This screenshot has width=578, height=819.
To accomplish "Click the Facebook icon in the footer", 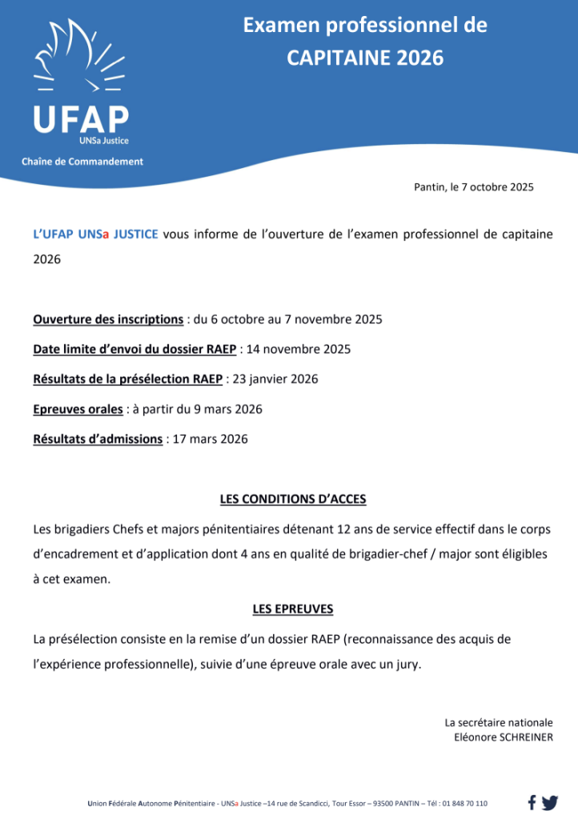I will tap(532, 802).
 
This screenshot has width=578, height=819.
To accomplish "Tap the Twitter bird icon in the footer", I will tap(549, 802).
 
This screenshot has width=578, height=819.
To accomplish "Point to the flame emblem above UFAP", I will tap(78, 60).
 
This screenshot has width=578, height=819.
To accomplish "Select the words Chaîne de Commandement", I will tap(82, 161).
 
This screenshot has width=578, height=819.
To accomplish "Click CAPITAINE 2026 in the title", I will tap(365, 57).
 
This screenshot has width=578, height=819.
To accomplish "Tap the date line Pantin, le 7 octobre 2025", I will tap(474, 187).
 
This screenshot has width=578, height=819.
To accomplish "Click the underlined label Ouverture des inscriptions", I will tap(108, 319).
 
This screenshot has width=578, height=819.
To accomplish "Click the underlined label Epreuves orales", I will tap(78, 409).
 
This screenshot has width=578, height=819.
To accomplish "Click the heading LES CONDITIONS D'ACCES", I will tap(293, 499).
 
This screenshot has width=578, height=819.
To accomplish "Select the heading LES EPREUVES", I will tap(293, 609).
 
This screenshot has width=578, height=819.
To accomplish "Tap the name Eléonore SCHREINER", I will tap(503, 737).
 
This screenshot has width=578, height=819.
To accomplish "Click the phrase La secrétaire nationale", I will tap(498, 723).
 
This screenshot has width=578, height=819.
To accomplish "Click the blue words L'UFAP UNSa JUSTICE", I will tap(95, 234).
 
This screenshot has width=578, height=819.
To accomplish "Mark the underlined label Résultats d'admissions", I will tap(98, 438).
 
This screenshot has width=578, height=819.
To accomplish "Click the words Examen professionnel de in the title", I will tap(365, 26).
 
